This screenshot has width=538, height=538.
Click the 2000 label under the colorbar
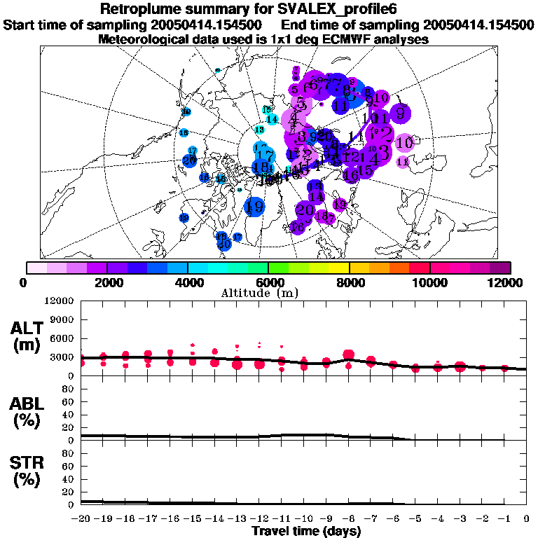[106, 282]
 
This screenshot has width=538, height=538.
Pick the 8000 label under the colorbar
[349, 282]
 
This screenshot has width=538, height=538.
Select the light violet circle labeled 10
[404, 143]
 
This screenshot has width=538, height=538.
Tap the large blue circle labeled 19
[255, 207]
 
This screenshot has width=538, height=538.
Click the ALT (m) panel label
[25, 336]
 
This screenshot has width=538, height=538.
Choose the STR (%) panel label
[25, 472]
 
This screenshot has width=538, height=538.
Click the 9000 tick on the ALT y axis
[63, 319]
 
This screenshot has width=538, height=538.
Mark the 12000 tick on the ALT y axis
[60, 301]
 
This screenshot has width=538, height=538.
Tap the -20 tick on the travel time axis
[82, 518]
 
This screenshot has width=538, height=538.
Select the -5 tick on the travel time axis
[415, 518]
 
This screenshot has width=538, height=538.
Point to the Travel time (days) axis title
[306, 531]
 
